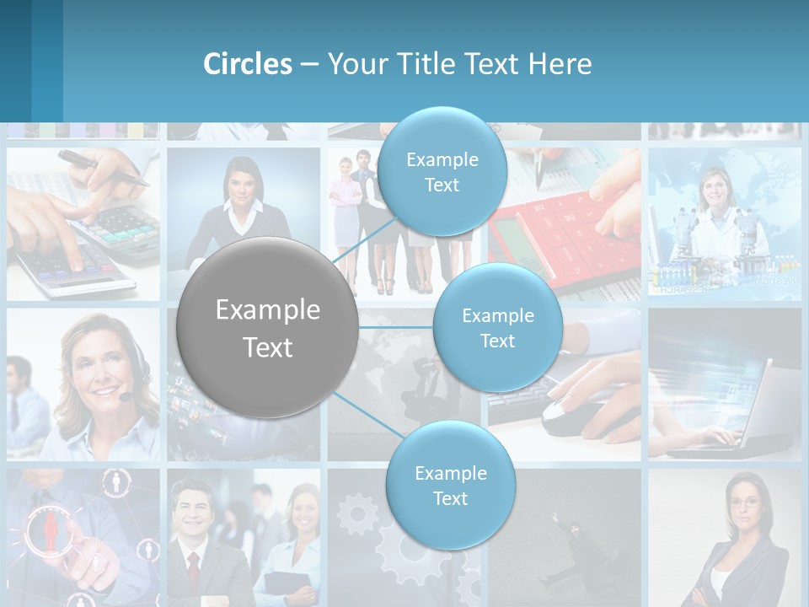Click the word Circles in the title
tap(247, 64)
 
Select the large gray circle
tap(268, 328)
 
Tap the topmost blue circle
tap(442, 171)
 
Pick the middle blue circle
tap(497, 328)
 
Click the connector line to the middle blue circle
tap(396, 327)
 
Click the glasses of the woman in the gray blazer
tap(745, 502)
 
